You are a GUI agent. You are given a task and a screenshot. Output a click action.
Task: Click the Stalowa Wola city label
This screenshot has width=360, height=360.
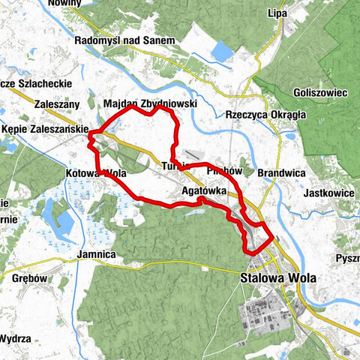278,277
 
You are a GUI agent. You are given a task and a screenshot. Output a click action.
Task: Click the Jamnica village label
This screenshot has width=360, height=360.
95,255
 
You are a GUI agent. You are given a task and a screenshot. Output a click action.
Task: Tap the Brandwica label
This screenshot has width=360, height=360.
280,172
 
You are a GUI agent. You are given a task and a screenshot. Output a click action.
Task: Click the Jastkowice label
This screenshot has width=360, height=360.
330,193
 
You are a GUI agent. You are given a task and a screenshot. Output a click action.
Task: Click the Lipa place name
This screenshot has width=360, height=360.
278,13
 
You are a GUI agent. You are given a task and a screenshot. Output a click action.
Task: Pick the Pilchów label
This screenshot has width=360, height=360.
223,171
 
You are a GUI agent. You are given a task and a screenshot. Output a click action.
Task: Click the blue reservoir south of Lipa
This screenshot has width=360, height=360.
223,51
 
